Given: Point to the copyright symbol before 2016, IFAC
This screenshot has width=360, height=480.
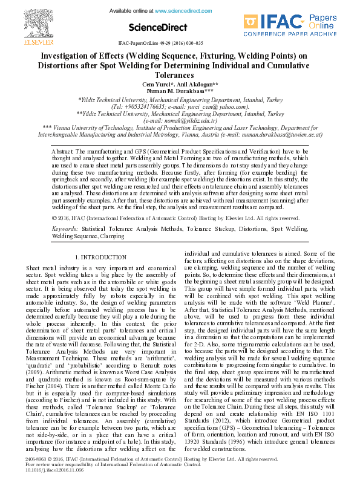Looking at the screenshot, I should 55,218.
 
